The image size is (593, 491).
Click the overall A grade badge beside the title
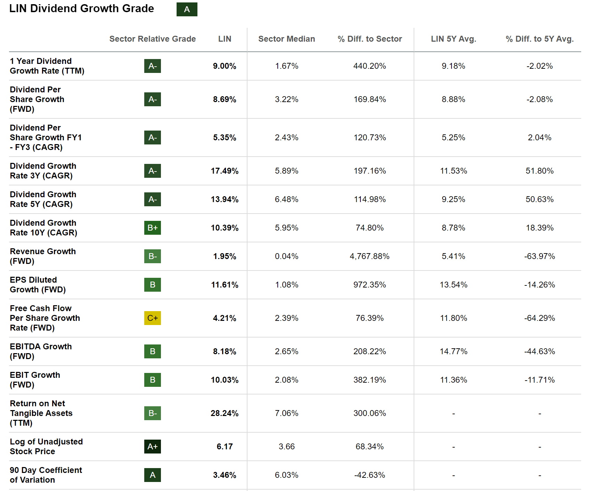click(x=187, y=9)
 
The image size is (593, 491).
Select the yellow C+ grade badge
click(x=153, y=318)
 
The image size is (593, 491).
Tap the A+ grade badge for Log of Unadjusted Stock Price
click(x=153, y=447)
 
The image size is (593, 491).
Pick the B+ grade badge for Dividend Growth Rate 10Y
click(x=153, y=228)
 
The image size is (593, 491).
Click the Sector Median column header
click(x=286, y=39)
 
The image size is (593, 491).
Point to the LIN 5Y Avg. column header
click(x=453, y=39)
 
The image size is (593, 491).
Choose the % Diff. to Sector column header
click(x=369, y=39)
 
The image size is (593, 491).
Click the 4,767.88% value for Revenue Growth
click(x=369, y=256)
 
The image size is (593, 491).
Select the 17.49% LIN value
click(x=225, y=171)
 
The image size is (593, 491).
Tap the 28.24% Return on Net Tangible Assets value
click(x=225, y=413)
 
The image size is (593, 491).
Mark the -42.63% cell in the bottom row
click(x=369, y=475)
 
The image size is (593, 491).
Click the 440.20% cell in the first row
click(x=369, y=66)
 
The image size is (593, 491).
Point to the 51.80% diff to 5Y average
click(x=539, y=171)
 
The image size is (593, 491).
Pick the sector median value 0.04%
click(x=286, y=256)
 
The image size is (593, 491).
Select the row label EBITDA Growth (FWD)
click(x=41, y=351)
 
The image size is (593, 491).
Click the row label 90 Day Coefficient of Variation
click(x=46, y=475)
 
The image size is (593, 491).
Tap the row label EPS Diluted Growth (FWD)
click(x=38, y=285)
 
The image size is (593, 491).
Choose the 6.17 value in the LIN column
click(x=225, y=447)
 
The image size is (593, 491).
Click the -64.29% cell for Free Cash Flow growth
click(x=539, y=318)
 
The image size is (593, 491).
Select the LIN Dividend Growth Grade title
click(x=82, y=9)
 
